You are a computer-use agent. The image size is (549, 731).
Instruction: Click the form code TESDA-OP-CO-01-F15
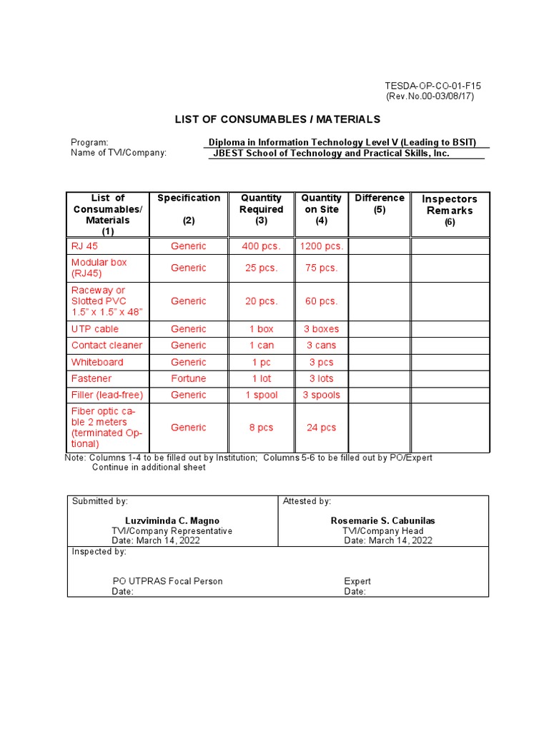pyautogui.click(x=433, y=86)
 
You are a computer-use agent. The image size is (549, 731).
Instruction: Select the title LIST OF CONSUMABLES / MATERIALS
pyautogui.click(x=278, y=119)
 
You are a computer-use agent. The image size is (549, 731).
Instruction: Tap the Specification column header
pyautogui.click(x=189, y=198)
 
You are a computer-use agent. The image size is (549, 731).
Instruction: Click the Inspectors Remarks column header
pyautogui.click(x=450, y=205)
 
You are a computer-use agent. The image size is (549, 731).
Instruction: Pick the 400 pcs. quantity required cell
pyautogui.click(x=261, y=246)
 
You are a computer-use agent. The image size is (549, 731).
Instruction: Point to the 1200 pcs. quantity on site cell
pyautogui.click(x=322, y=246)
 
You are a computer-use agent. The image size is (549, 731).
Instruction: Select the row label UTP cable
pyautogui.click(x=95, y=329)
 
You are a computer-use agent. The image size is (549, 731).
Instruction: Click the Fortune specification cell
pyautogui.click(x=189, y=378)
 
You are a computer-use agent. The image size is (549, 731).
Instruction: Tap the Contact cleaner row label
pyautogui.click(x=107, y=346)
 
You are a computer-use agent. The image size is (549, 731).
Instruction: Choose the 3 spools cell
pyautogui.click(x=322, y=395)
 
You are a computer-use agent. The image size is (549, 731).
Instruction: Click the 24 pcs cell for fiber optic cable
pyautogui.click(x=322, y=428)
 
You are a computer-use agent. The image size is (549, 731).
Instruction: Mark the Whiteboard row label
pyautogui.click(x=97, y=362)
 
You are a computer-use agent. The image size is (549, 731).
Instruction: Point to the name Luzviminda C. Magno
pyautogui.click(x=172, y=521)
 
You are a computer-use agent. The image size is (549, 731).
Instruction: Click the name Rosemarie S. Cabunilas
pyautogui.click(x=382, y=521)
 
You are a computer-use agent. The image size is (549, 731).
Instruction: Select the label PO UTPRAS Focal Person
pyautogui.click(x=167, y=581)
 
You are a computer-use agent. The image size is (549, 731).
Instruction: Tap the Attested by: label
pyautogui.click(x=307, y=502)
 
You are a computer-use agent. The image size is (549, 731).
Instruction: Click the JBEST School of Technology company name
pyautogui.click(x=331, y=153)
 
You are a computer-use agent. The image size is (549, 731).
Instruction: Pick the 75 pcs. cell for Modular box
pyautogui.click(x=322, y=268)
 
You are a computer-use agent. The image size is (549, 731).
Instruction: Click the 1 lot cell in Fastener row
pyautogui.click(x=261, y=378)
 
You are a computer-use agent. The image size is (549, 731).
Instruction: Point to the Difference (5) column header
pyautogui.click(x=380, y=203)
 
